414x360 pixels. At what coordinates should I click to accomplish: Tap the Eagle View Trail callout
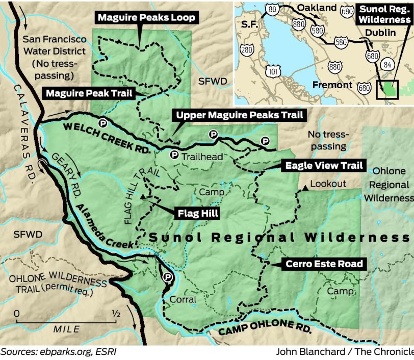324,166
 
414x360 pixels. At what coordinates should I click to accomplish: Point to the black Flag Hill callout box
197,213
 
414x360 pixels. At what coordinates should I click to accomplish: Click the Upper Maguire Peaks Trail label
239,115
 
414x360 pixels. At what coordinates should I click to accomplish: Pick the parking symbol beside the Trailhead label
174,155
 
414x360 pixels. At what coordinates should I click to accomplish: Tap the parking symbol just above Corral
167,277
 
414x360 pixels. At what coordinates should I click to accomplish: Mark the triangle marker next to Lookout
304,188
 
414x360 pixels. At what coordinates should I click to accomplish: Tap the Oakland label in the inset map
317,8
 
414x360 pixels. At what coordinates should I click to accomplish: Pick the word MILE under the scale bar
67,329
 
